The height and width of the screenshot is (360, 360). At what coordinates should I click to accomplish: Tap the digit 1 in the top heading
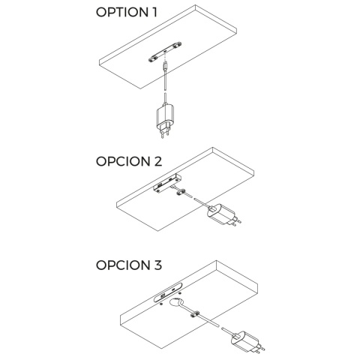pos(154,12)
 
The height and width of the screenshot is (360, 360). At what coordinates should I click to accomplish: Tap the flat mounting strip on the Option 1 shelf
pos(165,52)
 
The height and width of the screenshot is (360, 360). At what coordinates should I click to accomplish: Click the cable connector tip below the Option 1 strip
pos(165,67)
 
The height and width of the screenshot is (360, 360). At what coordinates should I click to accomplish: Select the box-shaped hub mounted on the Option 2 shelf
pos(167,183)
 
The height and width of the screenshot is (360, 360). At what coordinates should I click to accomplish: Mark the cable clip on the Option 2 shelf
pos(181,193)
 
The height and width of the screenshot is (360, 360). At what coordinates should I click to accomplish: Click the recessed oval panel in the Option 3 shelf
pos(169,292)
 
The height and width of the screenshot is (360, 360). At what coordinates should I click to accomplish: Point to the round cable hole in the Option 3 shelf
pos(176,302)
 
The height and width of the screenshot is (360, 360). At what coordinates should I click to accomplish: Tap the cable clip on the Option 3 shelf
pos(194,314)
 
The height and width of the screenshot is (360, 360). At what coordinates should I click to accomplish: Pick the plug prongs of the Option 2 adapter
pos(235,222)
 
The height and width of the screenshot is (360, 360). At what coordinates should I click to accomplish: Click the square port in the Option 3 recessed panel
pos(163,296)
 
